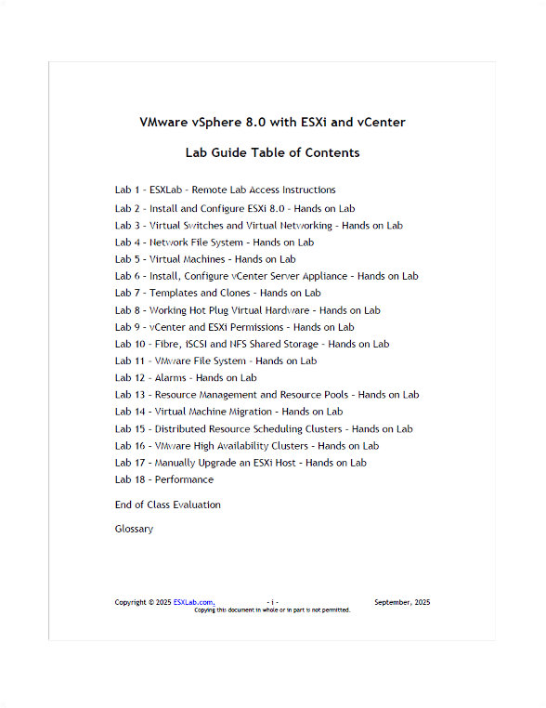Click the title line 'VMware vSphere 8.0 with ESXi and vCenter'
[x=272, y=122]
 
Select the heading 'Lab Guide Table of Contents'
[x=272, y=152]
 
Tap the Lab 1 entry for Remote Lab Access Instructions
[x=226, y=190]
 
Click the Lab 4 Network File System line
[x=214, y=243]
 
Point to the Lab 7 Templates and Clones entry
[x=218, y=294]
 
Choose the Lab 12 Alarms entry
[x=186, y=378]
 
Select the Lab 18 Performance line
[x=164, y=480]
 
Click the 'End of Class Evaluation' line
[x=168, y=505]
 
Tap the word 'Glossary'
[x=134, y=530]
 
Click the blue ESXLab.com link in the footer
[x=193, y=602]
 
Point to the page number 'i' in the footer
[x=273, y=602]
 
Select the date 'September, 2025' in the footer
[x=402, y=602]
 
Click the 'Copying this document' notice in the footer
[x=272, y=610]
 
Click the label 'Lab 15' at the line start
[x=129, y=429]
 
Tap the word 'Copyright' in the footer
[x=131, y=602]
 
